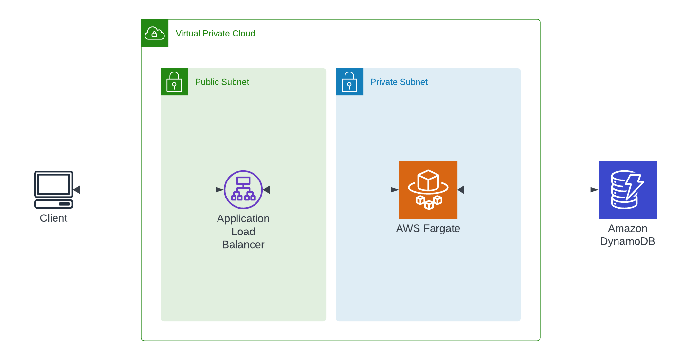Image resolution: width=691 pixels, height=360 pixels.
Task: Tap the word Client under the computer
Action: pos(54,218)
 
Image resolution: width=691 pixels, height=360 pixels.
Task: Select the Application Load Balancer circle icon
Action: pos(243,190)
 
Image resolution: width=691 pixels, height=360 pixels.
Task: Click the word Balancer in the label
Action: pos(243,245)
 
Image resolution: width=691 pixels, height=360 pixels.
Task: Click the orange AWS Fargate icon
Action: pos(428,190)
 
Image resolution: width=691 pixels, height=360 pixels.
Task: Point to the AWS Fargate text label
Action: pos(428,229)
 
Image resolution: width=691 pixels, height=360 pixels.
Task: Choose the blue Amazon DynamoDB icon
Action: pos(628,190)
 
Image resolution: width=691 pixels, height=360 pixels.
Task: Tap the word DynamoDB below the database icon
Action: pos(628,242)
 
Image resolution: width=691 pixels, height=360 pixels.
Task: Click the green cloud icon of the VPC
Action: pos(155,33)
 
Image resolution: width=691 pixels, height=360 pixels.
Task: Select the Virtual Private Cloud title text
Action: pos(215,34)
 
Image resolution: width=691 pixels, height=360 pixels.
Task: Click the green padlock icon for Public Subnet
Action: pos(174,82)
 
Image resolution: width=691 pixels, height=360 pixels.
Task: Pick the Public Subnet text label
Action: pos(222,82)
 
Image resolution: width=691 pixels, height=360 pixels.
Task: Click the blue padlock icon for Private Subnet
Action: pos(349,82)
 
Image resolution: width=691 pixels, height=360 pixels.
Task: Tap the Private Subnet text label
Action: pos(399,82)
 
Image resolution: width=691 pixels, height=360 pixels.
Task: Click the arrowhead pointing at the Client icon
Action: pos(77,190)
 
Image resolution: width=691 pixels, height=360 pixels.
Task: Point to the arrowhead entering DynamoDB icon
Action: pos(594,190)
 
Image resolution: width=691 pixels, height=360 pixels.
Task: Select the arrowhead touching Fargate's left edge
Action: pos(395,190)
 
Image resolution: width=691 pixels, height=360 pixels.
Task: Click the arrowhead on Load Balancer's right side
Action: pos(267,190)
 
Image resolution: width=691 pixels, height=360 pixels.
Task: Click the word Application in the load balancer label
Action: pos(243,219)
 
